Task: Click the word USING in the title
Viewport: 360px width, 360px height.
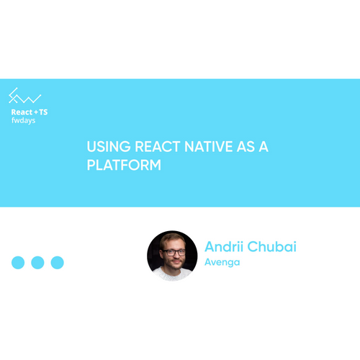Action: [x=109, y=147]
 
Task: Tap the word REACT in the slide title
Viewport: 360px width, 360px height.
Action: [x=158, y=147]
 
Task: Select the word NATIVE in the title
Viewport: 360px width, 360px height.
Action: [x=209, y=147]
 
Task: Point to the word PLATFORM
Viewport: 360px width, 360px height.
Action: [x=124, y=165]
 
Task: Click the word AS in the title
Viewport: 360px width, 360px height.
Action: [x=246, y=147]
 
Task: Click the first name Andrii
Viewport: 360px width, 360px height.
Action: [x=224, y=246]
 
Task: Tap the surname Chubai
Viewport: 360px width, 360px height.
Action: [x=272, y=246]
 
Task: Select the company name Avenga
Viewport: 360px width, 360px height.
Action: [x=222, y=262]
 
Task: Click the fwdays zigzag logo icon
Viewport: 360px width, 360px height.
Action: [x=24, y=96]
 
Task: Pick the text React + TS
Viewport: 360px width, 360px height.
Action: [x=30, y=112]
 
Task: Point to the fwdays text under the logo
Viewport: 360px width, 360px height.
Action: [x=24, y=120]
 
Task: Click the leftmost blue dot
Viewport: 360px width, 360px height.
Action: [x=18, y=263]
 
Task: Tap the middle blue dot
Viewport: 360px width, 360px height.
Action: [x=37, y=263]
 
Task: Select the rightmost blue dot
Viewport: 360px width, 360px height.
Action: [x=58, y=263]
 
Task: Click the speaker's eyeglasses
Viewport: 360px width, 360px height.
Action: [x=174, y=253]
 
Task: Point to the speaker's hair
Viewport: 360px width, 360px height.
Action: [x=172, y=239]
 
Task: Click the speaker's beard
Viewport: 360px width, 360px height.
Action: [x=176, y=265]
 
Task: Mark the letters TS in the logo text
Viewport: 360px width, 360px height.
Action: [x=43, y=112]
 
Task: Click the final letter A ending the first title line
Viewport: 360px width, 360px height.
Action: [x=264, y=147]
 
